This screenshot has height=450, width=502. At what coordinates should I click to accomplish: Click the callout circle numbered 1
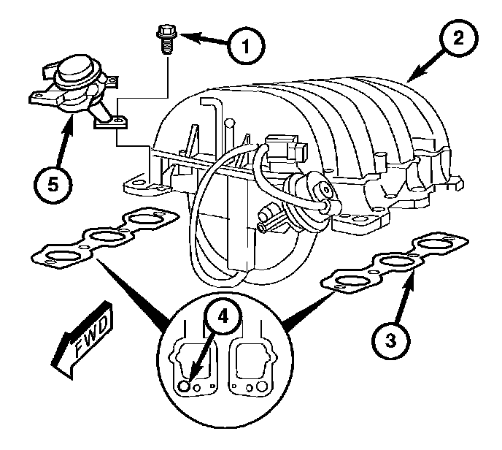(246, 45)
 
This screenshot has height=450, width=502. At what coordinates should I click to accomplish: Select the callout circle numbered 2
(458, 38)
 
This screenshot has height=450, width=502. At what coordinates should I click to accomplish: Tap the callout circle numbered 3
(390, 340)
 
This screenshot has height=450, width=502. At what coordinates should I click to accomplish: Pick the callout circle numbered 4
(223, 317)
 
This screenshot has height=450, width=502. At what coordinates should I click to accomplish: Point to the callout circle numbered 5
(53, 185)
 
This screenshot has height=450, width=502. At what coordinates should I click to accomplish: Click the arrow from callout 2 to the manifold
(426, 66)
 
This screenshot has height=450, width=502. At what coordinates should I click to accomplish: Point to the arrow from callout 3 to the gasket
(404, 297)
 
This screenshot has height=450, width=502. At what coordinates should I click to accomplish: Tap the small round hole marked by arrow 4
(184, 386)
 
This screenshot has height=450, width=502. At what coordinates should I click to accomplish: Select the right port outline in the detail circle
(251, 367)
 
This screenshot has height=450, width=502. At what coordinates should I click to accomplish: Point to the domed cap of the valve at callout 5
(76, 68)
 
